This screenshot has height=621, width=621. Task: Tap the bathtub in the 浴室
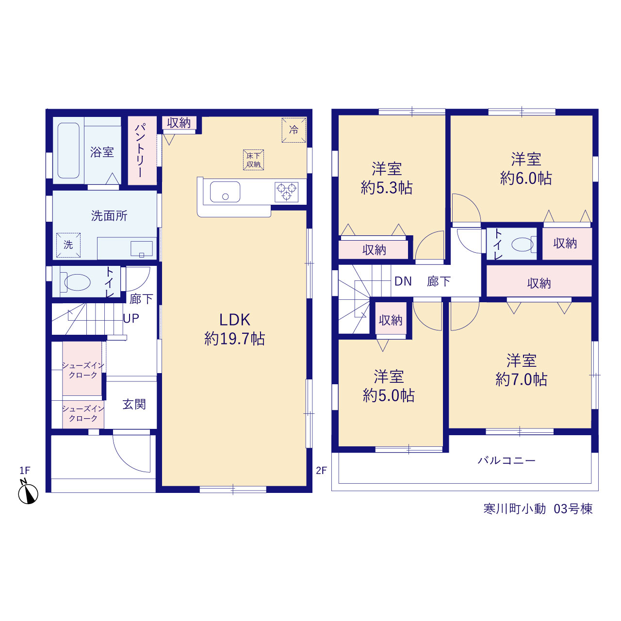click(68, 150)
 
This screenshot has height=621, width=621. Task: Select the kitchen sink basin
click(225, 192)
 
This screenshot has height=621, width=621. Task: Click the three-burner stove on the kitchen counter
click(286, 192)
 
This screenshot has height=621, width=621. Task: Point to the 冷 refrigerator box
click(294, 130)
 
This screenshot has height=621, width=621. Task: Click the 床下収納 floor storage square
click(253, 160)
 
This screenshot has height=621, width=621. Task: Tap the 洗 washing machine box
click(68, 245)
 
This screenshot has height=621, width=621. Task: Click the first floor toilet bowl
click(77, 282)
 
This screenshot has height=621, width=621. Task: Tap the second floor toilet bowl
click(522, 244)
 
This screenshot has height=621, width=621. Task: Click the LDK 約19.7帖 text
click(235, 329)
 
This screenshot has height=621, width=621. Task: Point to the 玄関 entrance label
click(134, 404)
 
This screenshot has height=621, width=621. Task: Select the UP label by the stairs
click(131, 318)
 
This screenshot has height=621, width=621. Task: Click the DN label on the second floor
click(403, 281)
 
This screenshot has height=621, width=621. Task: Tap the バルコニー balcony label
click(507, 460)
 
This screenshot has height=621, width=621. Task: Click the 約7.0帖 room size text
click(521, 379)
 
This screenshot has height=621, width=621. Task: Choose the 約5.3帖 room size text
click(386, 188)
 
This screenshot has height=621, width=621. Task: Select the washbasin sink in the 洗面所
click(142, 249)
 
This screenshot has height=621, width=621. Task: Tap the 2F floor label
click(321, 471)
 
